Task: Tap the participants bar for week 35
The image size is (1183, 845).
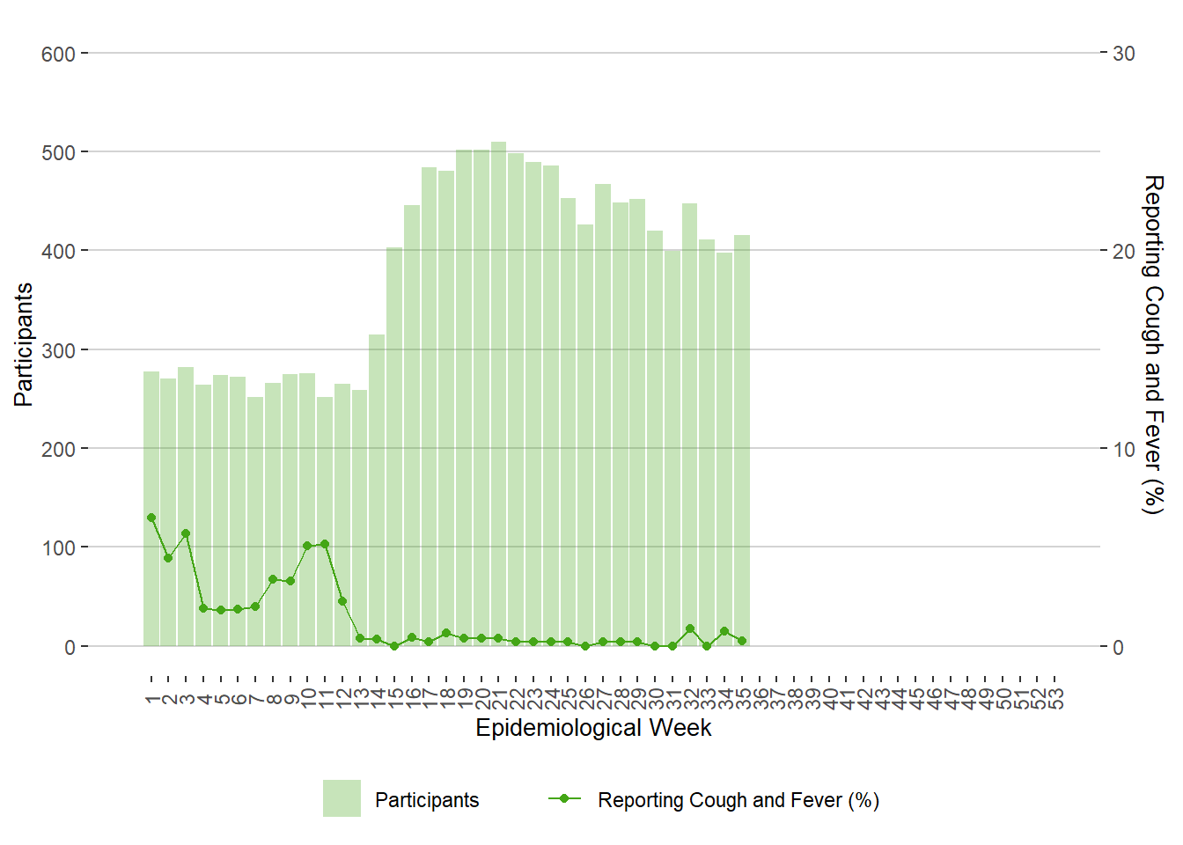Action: point(742,440)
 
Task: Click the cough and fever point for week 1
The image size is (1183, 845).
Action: point(151,518)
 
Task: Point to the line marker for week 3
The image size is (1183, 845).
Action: point(186,533)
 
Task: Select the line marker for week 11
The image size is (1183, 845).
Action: point(325,544)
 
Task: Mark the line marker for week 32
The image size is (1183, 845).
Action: point(690,628)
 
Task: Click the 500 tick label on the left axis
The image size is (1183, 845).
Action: point(58,153)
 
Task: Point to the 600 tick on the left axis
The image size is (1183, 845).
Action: point(58,55)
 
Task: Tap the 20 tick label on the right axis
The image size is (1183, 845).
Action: point(1124,252)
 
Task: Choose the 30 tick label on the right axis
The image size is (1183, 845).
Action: point(1124,55)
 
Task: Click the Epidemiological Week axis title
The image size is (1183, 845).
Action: point(593,728)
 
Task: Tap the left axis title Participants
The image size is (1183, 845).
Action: point(24,344)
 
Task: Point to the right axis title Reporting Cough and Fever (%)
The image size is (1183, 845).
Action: point(1152,344)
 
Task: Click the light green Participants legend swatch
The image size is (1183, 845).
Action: point(342,798)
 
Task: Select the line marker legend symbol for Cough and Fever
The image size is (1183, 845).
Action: point(564,798)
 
